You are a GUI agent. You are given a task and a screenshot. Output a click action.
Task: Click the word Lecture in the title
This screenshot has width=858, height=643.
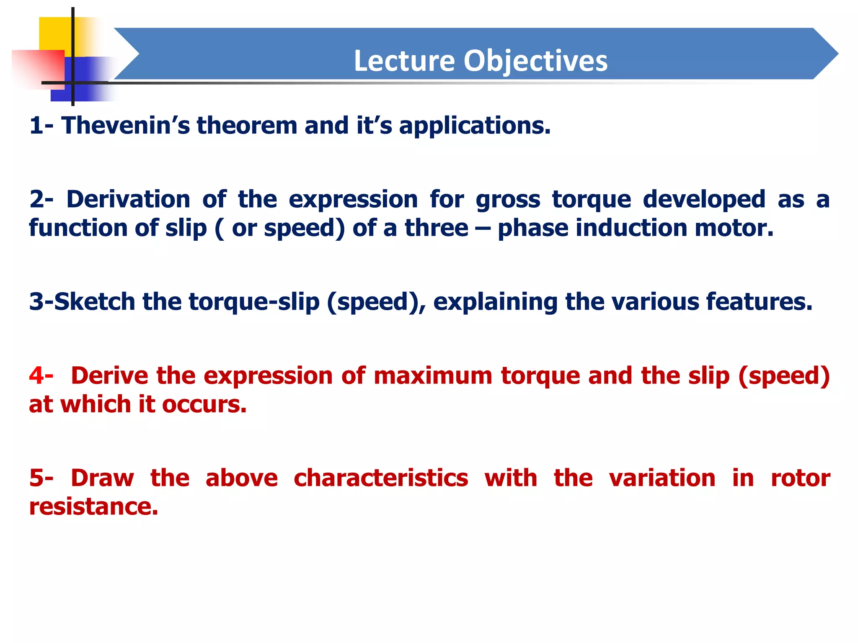(x=404, y=61)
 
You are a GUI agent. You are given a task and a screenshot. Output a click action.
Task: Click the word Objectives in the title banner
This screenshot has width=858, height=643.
(x=535, y=61)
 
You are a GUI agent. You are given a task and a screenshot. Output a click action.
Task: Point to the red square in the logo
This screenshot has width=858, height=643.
(x=38, y=67)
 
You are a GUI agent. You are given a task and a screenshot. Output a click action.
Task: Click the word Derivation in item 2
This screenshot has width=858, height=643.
(x=128, y=199)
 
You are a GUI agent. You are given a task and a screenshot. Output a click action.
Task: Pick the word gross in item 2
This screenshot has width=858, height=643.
(x=508, y=200)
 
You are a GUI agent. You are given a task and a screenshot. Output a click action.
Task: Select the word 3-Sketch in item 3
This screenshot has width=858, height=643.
(x=82, y=301)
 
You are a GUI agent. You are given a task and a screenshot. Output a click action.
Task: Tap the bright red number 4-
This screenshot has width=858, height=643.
(x=41, y=376)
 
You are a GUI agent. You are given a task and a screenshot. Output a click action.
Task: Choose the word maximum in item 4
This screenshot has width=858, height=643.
(x=433, y=376)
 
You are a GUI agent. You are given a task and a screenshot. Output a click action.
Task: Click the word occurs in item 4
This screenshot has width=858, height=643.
(x=204, y=404)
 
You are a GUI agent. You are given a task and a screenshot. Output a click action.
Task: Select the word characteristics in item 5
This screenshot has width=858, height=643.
(x=380, y=478)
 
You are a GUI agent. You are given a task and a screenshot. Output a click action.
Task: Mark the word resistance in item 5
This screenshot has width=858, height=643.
(x=93, y=507)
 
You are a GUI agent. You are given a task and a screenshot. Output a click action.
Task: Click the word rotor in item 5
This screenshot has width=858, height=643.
(x=800, y=478)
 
